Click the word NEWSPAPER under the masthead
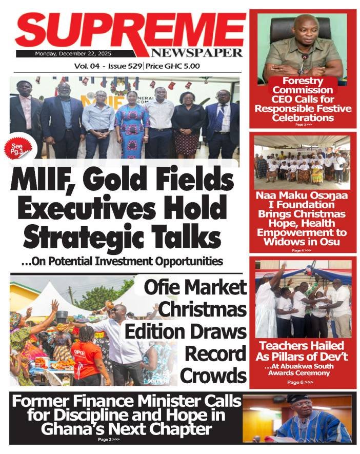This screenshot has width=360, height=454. click(x=196, y=53)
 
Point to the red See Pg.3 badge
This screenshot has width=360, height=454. click(x=17, y=150)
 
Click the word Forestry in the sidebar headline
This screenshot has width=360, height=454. click(x=303, y=81)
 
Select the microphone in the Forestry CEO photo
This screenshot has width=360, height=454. click(x=303, y=61)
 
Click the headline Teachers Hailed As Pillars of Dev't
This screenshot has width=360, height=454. click(x=303, y=350)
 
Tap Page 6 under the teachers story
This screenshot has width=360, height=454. click(x=299, y=383)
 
